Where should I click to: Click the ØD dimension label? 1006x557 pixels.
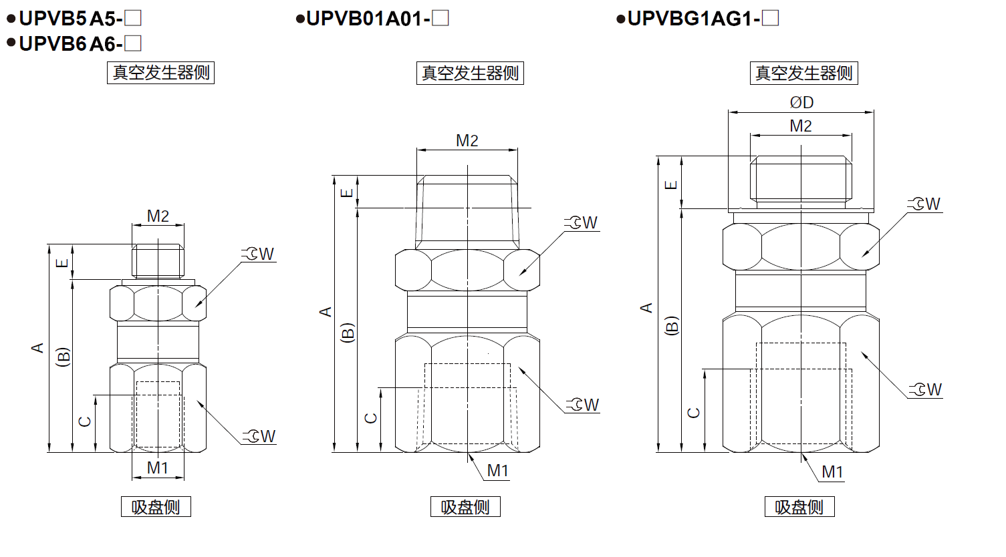point(801,103)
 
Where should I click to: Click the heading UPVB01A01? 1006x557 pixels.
point(367,19)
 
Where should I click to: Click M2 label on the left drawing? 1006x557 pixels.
point(158,216)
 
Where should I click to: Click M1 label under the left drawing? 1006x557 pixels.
point(158,468)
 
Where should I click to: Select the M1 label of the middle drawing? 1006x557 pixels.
point(497,471)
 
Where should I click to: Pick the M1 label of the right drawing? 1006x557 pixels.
point(832,472)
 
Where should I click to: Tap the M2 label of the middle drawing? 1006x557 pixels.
point(467,141)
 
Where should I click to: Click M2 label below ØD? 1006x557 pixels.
point(801,126)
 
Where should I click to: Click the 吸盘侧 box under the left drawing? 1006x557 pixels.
point(156,507)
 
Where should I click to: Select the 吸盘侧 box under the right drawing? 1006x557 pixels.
point(799,507)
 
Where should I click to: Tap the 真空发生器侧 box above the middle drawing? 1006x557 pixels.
point(470,73)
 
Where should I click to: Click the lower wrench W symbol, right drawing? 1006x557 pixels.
point(926,390)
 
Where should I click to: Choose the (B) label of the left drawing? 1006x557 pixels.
point(63,357)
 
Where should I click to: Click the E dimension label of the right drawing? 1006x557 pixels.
point(672,185)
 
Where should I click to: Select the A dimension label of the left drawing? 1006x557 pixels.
point(37,348)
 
